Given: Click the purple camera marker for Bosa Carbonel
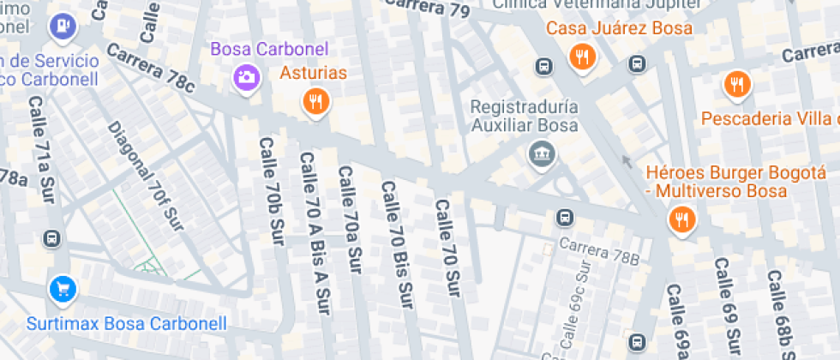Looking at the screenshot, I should point(246,78).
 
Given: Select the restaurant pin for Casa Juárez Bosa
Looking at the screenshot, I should point(582,57).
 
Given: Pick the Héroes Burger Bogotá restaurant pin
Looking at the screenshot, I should point(682,219).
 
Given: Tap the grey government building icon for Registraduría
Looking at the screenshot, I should point(542,154).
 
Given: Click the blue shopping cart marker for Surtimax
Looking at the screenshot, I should point(63,289).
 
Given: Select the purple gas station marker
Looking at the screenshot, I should point(63,26).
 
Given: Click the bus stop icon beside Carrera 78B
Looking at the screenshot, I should point(565,217).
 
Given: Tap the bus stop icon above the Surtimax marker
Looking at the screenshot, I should point(53,237).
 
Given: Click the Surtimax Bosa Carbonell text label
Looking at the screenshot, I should point(127,324).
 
